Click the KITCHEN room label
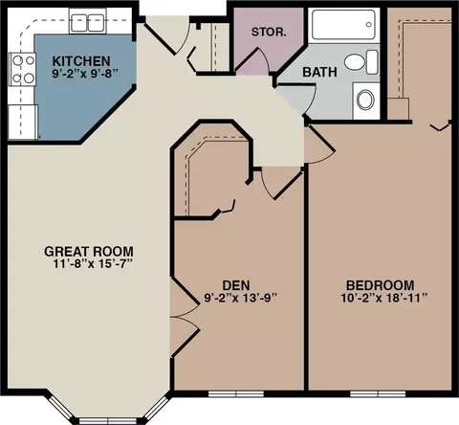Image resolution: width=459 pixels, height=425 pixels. (x=81, y=61)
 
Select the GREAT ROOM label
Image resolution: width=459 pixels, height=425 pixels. (x=89, y=252)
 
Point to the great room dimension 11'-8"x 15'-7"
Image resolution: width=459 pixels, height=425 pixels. (x=92, y=264)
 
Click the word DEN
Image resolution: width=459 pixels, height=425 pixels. (x=236, y=285)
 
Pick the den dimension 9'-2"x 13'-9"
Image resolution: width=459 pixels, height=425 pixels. (x=240, y=298)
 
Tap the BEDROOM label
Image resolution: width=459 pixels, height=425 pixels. (x=381, y=285)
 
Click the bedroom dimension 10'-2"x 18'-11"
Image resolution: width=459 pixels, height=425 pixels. (x=383, y=298)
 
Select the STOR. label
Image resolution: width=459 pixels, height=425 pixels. (x=269, y=32)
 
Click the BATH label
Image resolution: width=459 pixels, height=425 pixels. (x=319, y=72)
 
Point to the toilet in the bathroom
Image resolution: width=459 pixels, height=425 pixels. (x=361, y=62)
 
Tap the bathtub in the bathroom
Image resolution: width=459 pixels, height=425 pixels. (x=343, y=25)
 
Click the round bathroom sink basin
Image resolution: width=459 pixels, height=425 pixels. (x=365, y=100)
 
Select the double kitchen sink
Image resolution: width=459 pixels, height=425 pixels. (x=88, y=23)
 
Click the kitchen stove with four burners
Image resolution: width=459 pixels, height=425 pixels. (x=22, y=69)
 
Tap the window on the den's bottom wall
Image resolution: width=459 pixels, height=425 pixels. (x=236, y=394)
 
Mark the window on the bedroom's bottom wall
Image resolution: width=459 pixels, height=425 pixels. (x=378, y=394)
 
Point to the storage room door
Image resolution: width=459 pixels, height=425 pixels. (x=252, y=59)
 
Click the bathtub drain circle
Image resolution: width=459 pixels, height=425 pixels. (x=369, y=25)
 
